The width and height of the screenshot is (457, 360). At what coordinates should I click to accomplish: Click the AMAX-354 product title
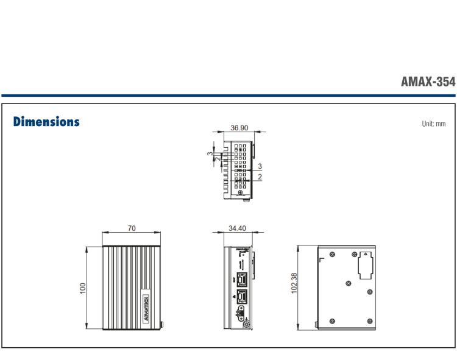tap(428, 82)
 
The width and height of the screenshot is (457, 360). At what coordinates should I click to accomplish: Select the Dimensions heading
tap(46, 122)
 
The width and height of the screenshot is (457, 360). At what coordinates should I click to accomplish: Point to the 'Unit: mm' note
tap(433, 124)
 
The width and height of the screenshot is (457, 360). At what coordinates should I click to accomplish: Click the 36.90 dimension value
tap(239, 128)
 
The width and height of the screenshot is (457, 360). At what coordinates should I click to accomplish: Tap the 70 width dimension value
tap(132, 228)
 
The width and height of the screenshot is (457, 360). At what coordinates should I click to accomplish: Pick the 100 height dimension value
tap(83, 288)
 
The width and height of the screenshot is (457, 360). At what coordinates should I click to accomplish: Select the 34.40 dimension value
tap(237, 228)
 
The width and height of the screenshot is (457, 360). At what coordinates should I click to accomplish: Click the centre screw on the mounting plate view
tap(347, 283)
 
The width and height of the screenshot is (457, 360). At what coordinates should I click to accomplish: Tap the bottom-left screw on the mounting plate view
tap(331, 321)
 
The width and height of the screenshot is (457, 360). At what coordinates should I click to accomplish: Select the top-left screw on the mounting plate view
tap(331, 254)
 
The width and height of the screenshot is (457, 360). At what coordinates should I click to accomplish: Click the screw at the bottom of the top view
tap(245, 197)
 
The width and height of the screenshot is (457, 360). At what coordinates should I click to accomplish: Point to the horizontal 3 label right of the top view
tap(260, 166)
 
